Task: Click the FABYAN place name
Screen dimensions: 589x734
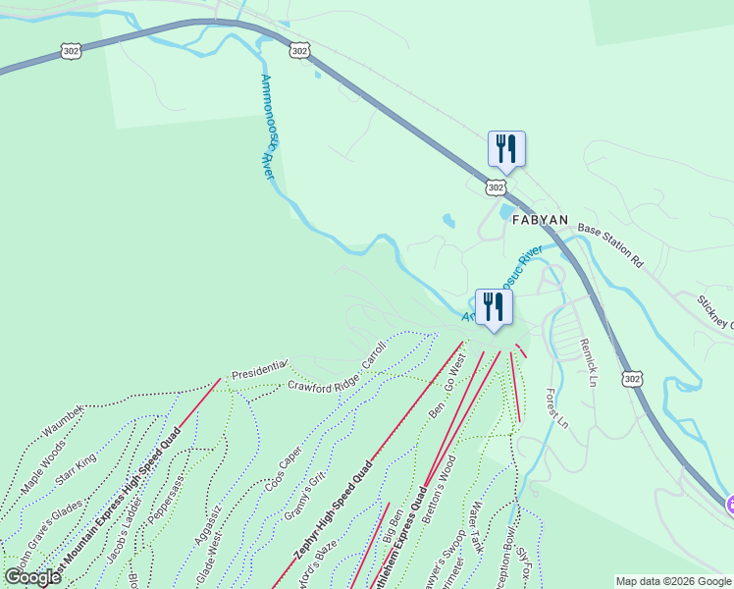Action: click(540, 220)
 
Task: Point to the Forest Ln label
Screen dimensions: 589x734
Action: click(556, 407)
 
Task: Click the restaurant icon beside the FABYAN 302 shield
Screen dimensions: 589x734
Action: click(506, 149)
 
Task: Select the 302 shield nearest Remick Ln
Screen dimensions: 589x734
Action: click(633, 377)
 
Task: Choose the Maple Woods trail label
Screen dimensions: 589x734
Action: click(44, 467)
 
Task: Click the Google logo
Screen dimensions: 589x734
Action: click(32, 577)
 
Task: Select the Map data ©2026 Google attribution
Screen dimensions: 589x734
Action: click(672, 581)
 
